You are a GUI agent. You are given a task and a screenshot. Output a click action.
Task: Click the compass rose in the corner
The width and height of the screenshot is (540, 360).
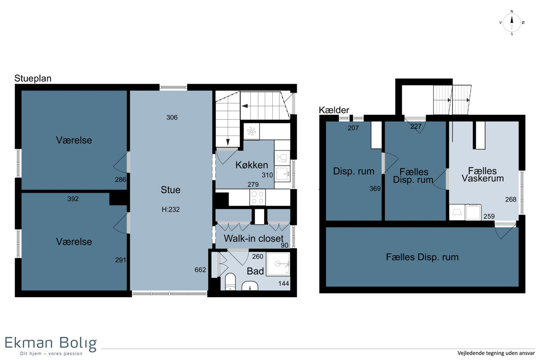512,23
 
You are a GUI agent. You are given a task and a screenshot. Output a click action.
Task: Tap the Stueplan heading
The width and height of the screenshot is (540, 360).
33,78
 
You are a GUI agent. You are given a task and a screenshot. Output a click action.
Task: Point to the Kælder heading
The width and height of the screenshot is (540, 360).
334,110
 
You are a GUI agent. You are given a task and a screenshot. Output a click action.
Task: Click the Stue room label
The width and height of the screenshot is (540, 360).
171,190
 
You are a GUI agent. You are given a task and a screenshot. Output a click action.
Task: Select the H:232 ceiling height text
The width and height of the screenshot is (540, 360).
171,209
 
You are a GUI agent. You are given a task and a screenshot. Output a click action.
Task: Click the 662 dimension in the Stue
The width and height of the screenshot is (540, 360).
200,270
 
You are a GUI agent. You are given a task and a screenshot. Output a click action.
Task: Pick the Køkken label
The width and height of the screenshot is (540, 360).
252,165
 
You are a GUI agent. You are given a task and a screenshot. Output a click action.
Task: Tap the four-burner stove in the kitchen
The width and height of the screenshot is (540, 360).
257,198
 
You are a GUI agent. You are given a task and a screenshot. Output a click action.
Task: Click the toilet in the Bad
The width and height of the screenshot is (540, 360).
230,282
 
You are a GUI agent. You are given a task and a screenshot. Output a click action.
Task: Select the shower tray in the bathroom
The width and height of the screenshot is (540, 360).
278,264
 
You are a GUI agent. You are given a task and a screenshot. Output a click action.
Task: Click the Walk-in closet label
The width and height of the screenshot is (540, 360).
254,238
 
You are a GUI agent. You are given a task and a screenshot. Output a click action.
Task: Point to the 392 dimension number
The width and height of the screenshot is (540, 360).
73,199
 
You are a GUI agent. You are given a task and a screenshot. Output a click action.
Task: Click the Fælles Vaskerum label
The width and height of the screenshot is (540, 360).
482,175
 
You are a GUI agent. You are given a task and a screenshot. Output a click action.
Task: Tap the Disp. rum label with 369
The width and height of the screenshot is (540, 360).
354,171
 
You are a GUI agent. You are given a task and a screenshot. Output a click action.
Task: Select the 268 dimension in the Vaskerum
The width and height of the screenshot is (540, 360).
511,199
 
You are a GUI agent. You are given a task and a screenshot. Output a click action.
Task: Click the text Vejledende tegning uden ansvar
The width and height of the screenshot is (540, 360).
496,353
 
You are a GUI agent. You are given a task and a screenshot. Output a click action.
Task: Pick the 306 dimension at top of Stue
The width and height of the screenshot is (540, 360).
172,117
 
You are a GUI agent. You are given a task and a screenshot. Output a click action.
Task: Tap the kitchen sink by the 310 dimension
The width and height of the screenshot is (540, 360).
282,174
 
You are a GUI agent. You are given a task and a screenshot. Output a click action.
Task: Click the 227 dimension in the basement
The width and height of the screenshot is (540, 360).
416,126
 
